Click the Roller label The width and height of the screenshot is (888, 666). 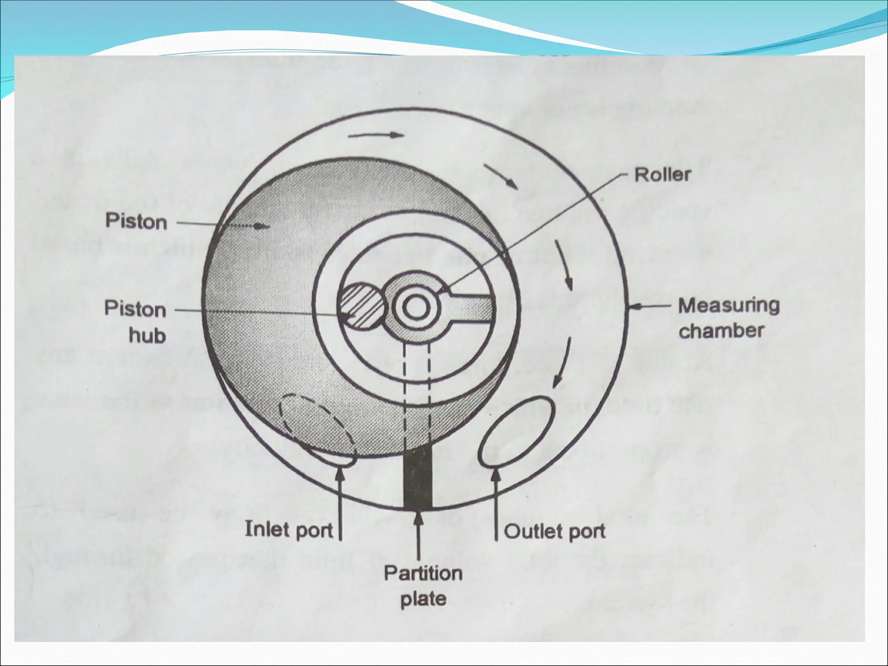tap(662, 175)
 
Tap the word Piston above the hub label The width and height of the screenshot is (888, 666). tap(136, 222)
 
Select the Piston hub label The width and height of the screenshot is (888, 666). tap(135, 323)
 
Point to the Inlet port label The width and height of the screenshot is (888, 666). tap(289, 530)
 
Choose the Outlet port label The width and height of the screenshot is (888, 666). tap(555, 532)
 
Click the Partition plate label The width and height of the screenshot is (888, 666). tap(423, 586)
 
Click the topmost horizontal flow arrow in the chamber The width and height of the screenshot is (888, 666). tap(375, 135)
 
